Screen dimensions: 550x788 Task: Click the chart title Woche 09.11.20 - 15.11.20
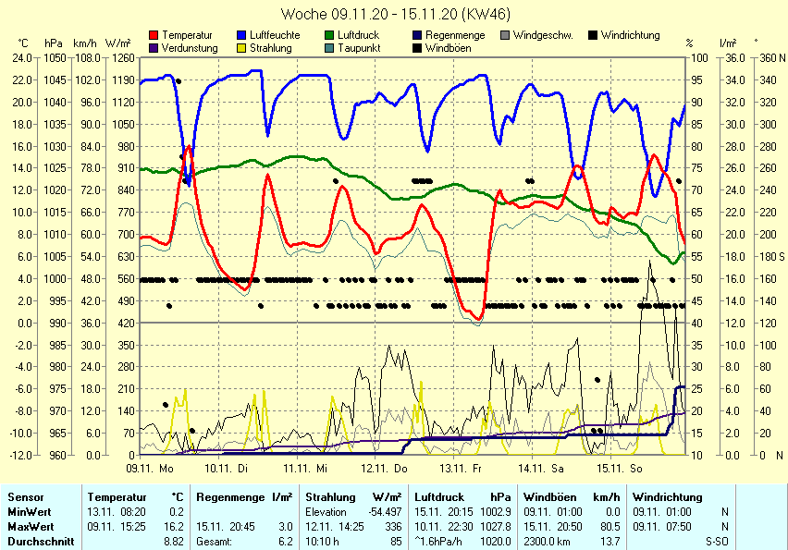pyautogui.click(x=394, y=14)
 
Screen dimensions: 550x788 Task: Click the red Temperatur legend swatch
pyautogui.click(x=154, y=35)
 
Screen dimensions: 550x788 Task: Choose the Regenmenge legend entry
pyautogui.click(x=455, y=35)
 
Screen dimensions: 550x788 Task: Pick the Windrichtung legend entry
pyautogui.click(x=630, y=35)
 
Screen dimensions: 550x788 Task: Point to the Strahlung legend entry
pyautogui.click(x=270, y=48)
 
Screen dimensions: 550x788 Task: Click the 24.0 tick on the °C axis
pyautogui.click(x=22, y=57)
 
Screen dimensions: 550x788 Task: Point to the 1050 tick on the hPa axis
pyautogui.click(x=54, y=57)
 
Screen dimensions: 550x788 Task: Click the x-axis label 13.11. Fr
pyautogui.click(x=461, y=469)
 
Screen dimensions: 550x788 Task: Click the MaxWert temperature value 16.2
pyautogui.click(x=175, y=526)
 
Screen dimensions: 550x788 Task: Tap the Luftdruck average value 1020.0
pyautogui.click(x=500, y=541)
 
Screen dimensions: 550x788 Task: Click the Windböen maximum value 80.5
pyautogui.click(x=609, y=526)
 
